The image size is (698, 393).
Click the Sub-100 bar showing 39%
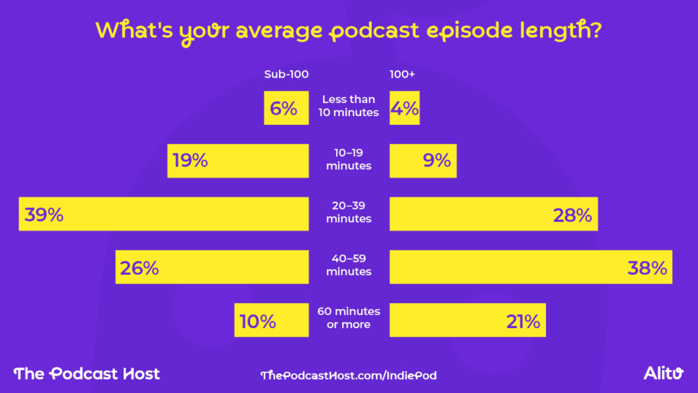(164, 214)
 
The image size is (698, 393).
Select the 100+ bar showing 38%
(531, 267)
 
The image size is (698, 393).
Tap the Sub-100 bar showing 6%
(283, 108)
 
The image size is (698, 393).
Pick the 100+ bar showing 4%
(404, 108)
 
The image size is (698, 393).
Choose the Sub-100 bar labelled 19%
(238, 161)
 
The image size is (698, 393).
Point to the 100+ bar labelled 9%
(423, 161)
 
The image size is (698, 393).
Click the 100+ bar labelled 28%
(494, 214)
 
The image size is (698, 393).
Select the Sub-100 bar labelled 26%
(212, 267)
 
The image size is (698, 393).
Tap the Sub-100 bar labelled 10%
(271, 320)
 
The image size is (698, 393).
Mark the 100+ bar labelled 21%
(468, 320)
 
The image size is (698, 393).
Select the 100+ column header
(402, 74)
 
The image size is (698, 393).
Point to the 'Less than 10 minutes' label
(348, 106)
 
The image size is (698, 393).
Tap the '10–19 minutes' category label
(348, 159)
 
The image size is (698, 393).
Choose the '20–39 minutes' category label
(348, 212)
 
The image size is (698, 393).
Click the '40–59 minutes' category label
(348, 265)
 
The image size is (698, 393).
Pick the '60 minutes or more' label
(348, 318)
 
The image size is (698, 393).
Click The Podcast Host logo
(87, 373)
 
